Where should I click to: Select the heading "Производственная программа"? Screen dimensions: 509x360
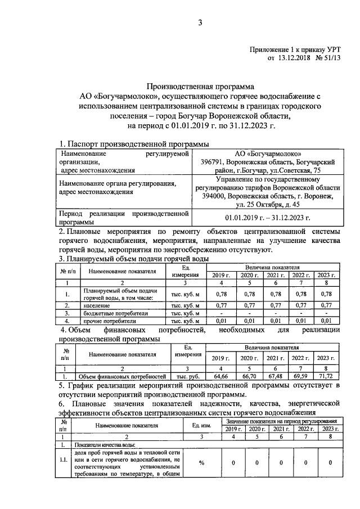tap(200, 87)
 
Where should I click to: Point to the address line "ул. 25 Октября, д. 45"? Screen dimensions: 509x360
tap(267, 204)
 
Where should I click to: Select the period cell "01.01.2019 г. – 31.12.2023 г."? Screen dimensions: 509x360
tap(267, 217)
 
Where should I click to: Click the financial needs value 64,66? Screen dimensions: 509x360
tap(217, 375)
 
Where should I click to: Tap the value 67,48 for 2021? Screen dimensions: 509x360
tap(274, 375)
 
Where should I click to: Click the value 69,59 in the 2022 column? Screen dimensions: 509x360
tap(299, 375)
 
